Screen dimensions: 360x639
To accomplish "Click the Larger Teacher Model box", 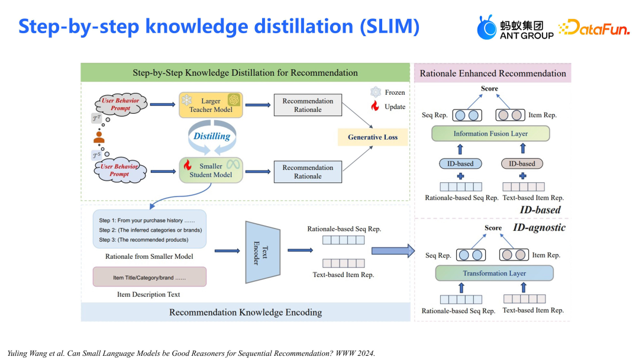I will [x=211, y=105].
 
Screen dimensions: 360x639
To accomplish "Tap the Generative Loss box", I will [x=373, y=137].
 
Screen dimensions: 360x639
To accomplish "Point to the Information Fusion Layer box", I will [x=490, y=134].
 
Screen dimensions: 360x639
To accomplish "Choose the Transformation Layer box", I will [x=494, y=273].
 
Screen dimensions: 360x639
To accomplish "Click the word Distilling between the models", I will [x=212, y=136].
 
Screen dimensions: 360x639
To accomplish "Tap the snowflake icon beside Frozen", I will [x=375, y=92].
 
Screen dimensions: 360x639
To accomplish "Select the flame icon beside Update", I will [x=375, y=107].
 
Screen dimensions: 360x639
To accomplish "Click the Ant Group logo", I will [x=515, y=27].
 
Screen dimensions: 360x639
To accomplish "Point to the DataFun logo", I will [x=594, y=27].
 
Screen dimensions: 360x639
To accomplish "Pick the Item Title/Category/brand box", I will [x=149, y=277].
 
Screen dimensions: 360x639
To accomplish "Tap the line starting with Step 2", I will [x=150, y=230].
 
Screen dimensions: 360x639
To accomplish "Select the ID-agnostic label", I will [x=539, y=227].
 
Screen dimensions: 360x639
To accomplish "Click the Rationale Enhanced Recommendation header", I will [x=492, y=73].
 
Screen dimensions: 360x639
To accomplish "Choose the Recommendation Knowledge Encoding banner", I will [x=246, y=312].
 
